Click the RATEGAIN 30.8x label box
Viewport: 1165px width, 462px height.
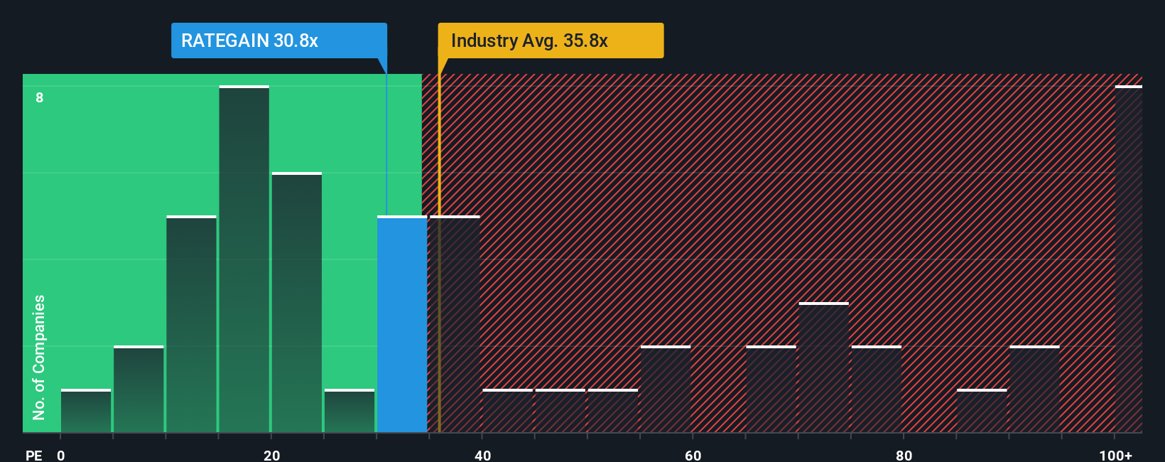coord(278,41)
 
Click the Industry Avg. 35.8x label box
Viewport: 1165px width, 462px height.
coord(551,41)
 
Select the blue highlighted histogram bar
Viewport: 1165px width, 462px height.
coord(402,324)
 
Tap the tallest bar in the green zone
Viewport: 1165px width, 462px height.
coord(244,259)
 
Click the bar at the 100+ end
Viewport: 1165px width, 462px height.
coord(1128,259)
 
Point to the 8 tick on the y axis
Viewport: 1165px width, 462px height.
coord(40,97)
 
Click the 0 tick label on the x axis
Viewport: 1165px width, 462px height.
coord(61,455)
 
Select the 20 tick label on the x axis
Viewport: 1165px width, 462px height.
coord(271,455)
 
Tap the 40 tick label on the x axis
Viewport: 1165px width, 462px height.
coord(482,455)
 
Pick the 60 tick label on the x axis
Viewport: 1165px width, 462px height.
coord(693,455)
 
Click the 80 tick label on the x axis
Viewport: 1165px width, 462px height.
coord(904,455)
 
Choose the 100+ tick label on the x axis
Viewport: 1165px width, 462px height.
coord(1115,455)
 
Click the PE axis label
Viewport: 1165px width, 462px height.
coord(33,455)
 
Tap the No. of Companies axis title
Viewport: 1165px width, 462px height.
coord(39,357)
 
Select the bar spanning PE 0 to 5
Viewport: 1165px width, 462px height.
coord(86,411)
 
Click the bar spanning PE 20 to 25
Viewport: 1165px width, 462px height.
coord(297,303)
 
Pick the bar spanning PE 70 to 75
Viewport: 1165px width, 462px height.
coord(824,367)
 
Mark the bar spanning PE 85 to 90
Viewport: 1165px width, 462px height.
coord(982,411)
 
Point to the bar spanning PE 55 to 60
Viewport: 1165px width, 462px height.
coord(666,390)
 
